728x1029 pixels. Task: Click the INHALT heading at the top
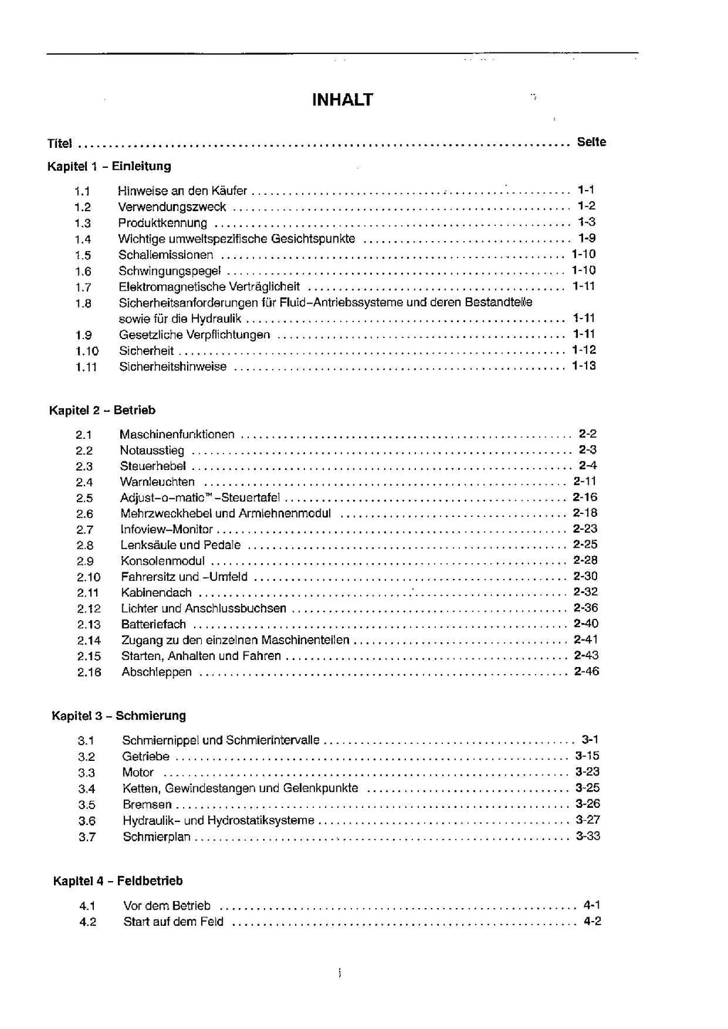343,100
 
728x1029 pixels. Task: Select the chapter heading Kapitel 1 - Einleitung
109,166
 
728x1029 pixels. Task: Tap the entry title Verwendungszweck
172,207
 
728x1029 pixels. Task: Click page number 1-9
587,238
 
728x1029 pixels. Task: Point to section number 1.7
83,287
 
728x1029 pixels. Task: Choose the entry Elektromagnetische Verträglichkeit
209,287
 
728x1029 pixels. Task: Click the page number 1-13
584,366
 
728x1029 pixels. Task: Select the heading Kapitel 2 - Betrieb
102,410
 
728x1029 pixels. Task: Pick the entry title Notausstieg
152,450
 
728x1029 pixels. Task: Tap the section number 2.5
85,498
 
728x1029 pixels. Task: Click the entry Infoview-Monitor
167,530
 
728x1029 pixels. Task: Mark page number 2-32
585,592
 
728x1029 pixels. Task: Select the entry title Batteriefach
154,624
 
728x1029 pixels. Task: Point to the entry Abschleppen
156,672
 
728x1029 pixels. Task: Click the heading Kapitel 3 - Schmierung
119,716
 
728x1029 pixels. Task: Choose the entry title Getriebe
146,757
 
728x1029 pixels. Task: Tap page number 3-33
588,836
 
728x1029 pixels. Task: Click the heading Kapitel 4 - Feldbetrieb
118,881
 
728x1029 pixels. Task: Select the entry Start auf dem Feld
173,922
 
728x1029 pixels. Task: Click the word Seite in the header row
591,142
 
